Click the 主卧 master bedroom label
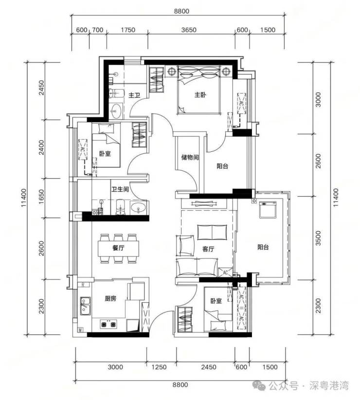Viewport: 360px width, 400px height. pos(200,95)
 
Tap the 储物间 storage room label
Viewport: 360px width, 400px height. pos(190,157)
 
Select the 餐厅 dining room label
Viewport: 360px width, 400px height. pos(118,248)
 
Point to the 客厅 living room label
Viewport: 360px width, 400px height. pos(208,249)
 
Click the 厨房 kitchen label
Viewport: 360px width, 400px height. pos(110,298)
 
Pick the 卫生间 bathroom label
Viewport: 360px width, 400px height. pos(120,189)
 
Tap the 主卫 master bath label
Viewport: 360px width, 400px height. pos(134,95)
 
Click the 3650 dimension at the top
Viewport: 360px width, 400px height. pos(189,30)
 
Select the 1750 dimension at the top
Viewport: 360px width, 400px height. pos(128,30)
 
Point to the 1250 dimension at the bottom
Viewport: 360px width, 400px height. pos(159,367)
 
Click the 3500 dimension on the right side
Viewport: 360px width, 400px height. pos(319,238)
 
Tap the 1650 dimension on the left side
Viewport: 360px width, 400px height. pos(41,197)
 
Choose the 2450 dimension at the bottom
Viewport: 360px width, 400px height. pos(209,367)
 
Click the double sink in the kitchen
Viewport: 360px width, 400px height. pos(85,306)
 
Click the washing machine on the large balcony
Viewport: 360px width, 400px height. pos(268,210)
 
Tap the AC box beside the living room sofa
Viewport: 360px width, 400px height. pos(225,273)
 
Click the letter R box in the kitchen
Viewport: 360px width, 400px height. pos(83,285)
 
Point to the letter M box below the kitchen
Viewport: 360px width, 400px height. pos(80,330)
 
